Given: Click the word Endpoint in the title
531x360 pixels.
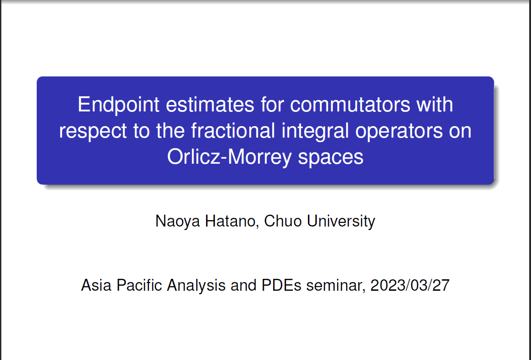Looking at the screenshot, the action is pyautogui.click(x=118, y=105).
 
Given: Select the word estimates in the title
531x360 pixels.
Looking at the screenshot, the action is pyautogui.click(x=210, y=105).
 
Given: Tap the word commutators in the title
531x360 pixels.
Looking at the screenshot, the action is pyautogui.click(x=350, y=105).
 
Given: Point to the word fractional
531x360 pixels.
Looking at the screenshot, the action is pyautogui.click(x=233, y=131).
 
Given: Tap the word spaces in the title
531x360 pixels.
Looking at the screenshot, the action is pyautogui.click(x=330, y=158).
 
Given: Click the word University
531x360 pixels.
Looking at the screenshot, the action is pyautogui.click(x=341, y=222).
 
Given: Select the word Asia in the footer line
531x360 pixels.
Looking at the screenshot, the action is pyautogui.click(x=96, y=285).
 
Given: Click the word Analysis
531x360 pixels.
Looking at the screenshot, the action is pyautogui.click(x=196, y=286).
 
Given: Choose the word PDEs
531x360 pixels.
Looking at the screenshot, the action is pyautogui.click(x=281, y=285).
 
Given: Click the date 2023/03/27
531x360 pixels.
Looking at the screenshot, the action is pyautogui.click(x=410, y=285).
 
